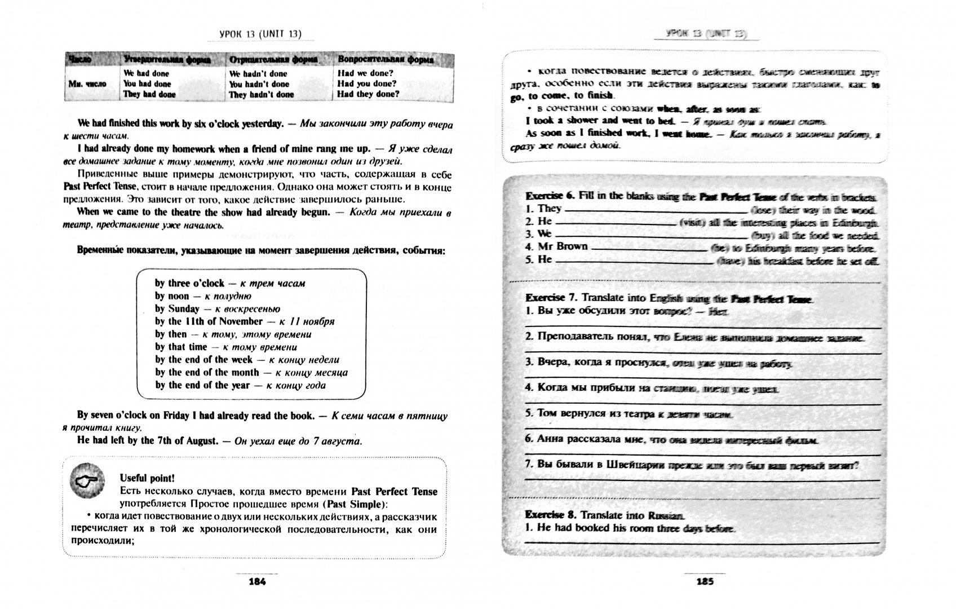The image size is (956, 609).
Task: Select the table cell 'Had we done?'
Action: point(365,73)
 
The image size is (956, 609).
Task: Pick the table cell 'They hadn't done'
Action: point(261,95)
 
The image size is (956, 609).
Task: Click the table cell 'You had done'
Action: point(147,84)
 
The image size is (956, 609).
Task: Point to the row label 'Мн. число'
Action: point(87,84)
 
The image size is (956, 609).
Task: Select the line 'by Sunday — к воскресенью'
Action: point(217,309)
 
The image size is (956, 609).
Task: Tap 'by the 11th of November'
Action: point(209,321)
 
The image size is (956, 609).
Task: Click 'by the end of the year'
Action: point(202,386)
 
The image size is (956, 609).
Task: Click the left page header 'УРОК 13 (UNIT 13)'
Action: point(260,34)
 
